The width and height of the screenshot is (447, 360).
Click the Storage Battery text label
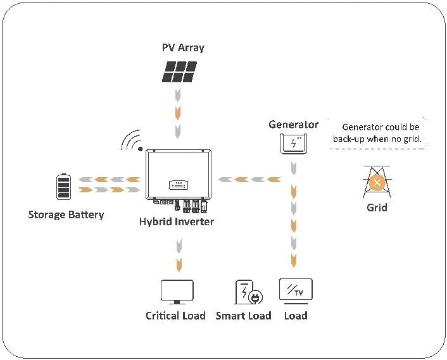pyautogui.click(x=66, y=215)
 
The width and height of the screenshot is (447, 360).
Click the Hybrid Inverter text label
pyautogui.click(x=177, y=221)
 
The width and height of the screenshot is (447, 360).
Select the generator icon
pyautogui.click(x=293, y=144)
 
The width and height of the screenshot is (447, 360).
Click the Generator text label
pyautogui.click(x=293, y=124)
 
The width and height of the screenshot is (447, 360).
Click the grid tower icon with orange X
pyautogui.click(x=377, y=183)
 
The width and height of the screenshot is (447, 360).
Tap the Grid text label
pyautogui.click(x=377, y=208)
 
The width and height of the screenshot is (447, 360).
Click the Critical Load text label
pyautogui.click(x=175, y=316)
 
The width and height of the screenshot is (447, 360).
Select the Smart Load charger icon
pyautogui.click(x=248, y=292)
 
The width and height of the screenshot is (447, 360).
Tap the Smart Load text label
pyautogui.click(x=243, y=316)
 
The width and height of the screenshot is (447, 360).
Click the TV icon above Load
pyautogui.click(x=296, y=292)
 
